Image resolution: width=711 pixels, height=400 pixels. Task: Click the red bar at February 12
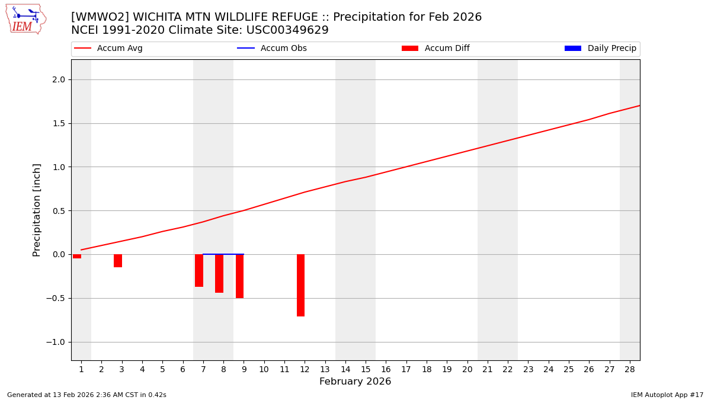[300, 285]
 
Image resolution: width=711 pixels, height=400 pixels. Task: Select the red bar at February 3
[118, 261]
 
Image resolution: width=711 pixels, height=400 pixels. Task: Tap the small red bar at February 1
[77, 256]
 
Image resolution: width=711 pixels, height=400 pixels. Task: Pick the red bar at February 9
[239, 276]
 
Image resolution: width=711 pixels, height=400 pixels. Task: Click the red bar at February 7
[199, 270]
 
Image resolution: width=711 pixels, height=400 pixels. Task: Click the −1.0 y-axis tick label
[56, 342]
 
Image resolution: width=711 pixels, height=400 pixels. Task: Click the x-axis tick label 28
[630, 369]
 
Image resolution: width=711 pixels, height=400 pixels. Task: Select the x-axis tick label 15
[366, 369]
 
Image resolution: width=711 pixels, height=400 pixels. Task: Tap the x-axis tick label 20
[467, 369]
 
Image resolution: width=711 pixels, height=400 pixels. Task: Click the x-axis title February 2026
[355, 382]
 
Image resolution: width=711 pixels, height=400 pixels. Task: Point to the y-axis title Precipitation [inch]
[37, 210]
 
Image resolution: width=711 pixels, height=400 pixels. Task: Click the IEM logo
[25, 19]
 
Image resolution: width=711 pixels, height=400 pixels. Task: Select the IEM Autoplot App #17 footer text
[667, 395]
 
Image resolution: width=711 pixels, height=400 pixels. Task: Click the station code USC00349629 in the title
[287, 30]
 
